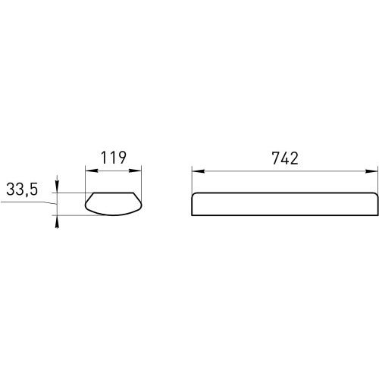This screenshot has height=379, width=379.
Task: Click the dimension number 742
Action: click(283, 158)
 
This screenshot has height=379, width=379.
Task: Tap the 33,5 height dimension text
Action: click(23, 191)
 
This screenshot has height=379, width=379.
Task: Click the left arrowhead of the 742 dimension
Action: click(194, 171)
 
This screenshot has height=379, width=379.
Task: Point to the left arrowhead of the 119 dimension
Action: click(86, 171)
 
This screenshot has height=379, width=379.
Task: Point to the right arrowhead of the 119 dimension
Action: click(142, 171)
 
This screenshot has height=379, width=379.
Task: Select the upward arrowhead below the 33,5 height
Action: click(57, 218)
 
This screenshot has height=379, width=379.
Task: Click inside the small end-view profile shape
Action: click(114, 203)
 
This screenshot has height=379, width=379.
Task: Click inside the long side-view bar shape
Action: click(283, 205)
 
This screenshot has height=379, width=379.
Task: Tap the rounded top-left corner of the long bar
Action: click(194, 196)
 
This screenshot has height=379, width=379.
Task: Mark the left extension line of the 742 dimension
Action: click(191, 180)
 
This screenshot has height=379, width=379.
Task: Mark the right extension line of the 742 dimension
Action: click(376, 180)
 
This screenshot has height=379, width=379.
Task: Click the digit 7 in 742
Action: click(274, 158)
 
